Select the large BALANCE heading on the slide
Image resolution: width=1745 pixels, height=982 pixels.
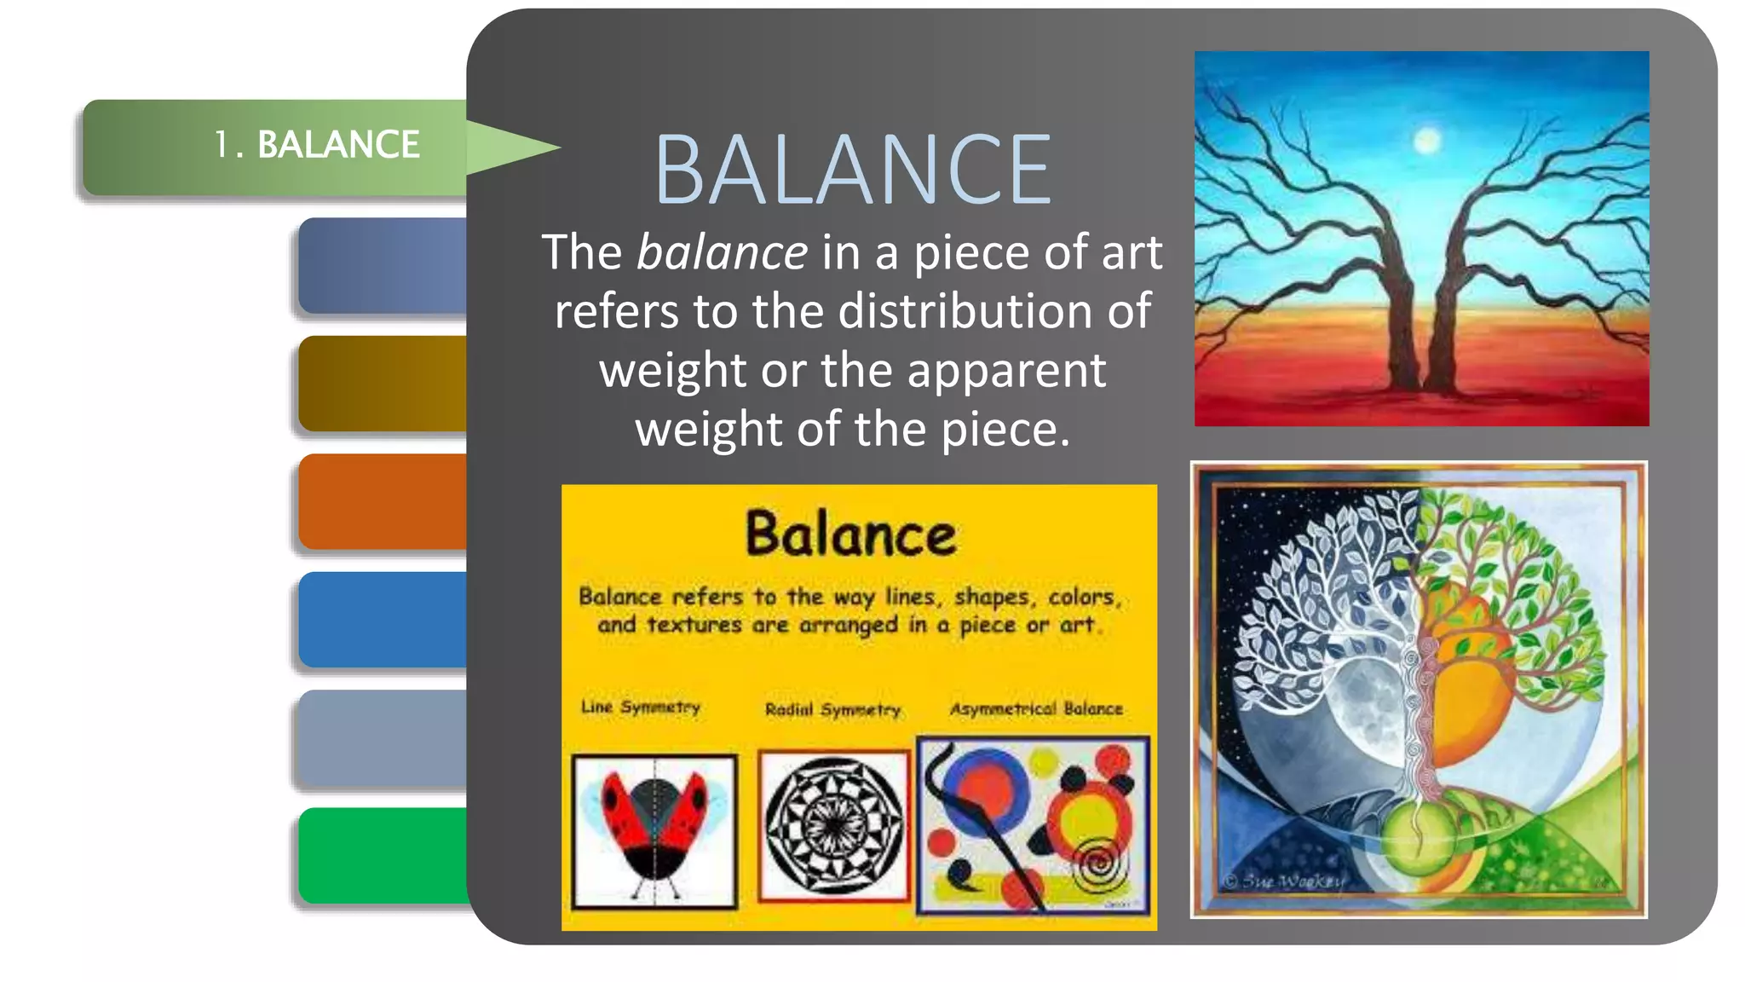click(x=853, y=170)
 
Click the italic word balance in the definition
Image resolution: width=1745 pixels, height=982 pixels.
click(x=722, y=253)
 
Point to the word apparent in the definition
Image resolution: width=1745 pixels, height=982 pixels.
click(x=1005, y=371)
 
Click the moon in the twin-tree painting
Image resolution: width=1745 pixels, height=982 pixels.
click(x=1427, y=140)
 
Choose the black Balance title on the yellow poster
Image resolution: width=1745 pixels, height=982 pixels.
click(x=850, y=534)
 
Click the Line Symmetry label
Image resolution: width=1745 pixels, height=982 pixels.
click(x=641, y=708)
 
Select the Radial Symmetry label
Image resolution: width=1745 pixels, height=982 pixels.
click(x=832, y=709)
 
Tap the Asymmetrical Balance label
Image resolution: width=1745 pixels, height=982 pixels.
click(x=1036, y=709)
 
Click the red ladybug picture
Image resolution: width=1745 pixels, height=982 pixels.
click(x=654, y=830)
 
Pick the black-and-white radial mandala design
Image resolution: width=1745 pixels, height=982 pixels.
click(x=833, y=825)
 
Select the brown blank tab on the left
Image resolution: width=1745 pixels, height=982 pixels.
click(x=383, y=384)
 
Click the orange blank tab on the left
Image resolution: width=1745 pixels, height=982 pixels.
click(x=383, y=501)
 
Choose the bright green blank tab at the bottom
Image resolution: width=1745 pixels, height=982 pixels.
click(x=383, y=856)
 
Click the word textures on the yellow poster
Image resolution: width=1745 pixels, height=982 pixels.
click(x=694, y=626)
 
